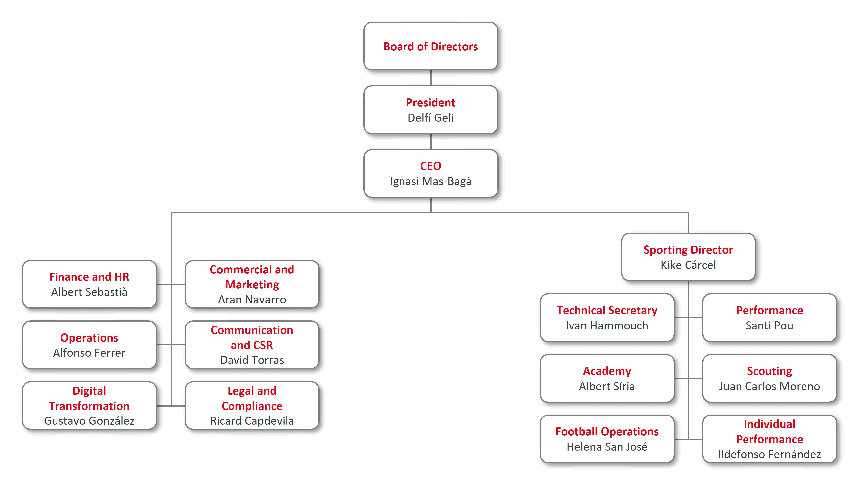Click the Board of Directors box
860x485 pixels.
click(x=431, y=46)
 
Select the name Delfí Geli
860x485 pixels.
click(x=431, y=118)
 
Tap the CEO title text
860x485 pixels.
click(x=431, y=166)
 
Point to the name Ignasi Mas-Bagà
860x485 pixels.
click(x=431, y=181)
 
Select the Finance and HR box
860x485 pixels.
click(x=89, y=284)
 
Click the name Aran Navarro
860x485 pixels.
click(x=252, y=300)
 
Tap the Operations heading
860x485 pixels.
click(x=89, y=338)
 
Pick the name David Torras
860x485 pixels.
click(x=252, y=360)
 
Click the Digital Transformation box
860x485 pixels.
click(x=89, y=406)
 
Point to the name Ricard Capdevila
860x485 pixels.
click(x=252, y=421)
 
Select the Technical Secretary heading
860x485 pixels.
click(x=607, y=310)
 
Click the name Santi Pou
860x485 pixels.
click(x=770, y=325)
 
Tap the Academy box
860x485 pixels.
click(x=607, y=378)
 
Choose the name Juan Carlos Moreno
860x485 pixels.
click(x=770, y=386)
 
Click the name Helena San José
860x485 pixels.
click(x=607, y=447)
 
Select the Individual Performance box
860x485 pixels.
click(x=770, y=439)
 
